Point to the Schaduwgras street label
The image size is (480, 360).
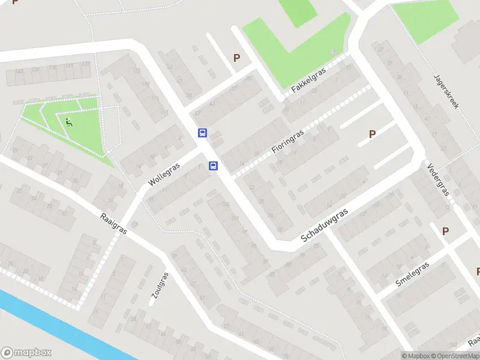(325, 226)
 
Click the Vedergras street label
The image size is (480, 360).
(438, 178)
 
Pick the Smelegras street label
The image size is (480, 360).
(412, 274)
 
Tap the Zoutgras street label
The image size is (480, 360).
(160, 289)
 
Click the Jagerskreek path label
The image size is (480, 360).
(446, 91)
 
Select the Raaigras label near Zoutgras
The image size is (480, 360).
(113, 223)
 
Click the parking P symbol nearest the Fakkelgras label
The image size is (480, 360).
(236, 58)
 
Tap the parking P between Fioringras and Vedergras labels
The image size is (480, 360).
(372, 134)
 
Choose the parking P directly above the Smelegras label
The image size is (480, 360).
(445, 231)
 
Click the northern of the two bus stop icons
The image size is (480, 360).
(203, 133)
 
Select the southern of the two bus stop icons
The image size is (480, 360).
(213, 166)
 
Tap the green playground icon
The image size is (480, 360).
(69, 123)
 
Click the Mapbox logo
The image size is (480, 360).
(26, 353)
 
